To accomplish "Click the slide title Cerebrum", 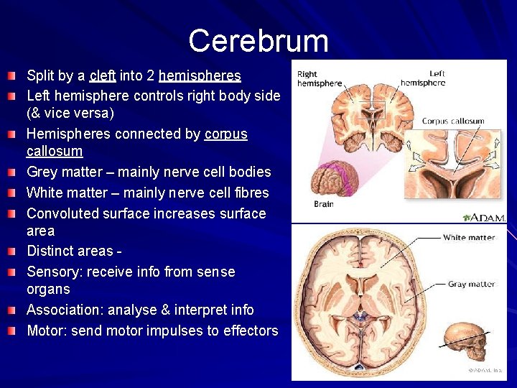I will (258, 41).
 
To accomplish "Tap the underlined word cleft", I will (103, 75).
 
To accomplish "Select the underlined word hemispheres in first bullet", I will (200, 75).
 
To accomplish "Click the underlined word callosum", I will (55, 152).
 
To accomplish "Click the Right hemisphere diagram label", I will (319, 79).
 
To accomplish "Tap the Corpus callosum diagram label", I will (452, 121).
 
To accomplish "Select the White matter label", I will (468, 238).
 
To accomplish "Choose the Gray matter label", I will (471, 285).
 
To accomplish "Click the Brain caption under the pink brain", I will (324, 204).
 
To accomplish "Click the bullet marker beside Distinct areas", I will (13, 251).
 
